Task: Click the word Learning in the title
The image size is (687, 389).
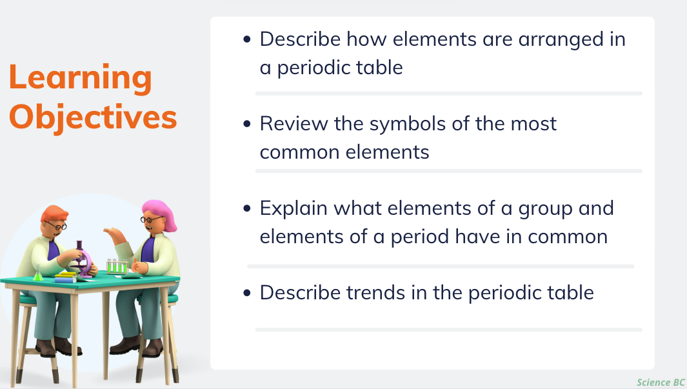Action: point(80,78)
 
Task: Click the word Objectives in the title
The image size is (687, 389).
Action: point(93,117)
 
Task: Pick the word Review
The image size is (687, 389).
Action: point(294,123)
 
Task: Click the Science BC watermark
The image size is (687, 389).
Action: point(661,383)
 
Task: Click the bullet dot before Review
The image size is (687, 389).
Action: point(247,124)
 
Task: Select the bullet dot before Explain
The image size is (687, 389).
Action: point(247,208)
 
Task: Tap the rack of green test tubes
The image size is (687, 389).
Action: point(117,266)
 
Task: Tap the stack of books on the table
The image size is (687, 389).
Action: point(66,277)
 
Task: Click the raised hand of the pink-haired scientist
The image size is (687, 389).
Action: point(113,234)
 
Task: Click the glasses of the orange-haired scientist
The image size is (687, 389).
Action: point(57,226)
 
